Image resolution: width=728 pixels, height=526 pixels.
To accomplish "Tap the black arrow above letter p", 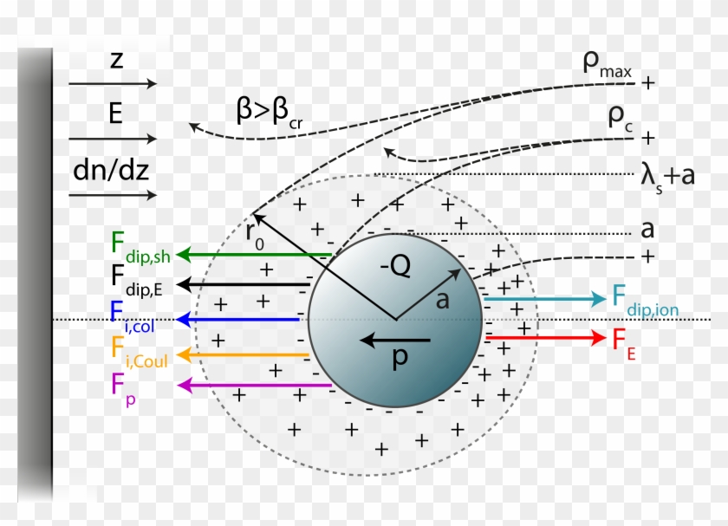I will (394, 340).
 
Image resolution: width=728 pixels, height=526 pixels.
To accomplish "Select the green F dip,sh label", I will (140, 245).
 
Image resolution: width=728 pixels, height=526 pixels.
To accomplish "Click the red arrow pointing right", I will (546, 335).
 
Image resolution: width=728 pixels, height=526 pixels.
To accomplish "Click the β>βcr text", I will (272, 112).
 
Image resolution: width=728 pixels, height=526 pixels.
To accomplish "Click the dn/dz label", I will (111, 170).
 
